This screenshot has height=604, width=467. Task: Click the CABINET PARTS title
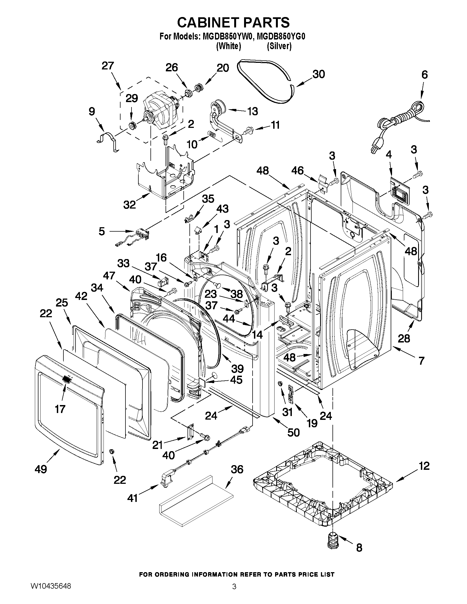pyautogui.click(x=233, y=23)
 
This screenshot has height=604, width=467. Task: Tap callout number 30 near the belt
pyautogui.click(x=318, y=74)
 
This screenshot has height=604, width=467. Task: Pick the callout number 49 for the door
pyautogui.click(x=41, y=469)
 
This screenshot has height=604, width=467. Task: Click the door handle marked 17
pyautogui.click(x=66, y=380)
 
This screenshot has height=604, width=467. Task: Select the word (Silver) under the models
pyautogui.click(x=279, y=46)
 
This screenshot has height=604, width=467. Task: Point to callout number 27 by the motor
pyautogui.click(x=108, y=66)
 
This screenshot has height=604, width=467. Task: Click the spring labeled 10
pyautogui.click(x=212, y=135)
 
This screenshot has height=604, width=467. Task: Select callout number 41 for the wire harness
pyautogui.click(x=133, y=498)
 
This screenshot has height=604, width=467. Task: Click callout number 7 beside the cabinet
pyautogui.click(x=421, y=361)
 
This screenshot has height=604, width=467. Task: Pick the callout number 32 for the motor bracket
pyautogui.click(x=129, y=205)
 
